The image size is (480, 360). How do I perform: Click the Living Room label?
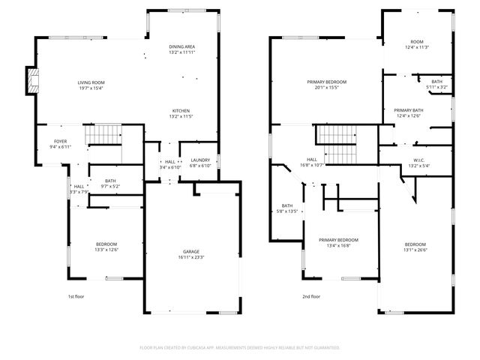tap(91, 82)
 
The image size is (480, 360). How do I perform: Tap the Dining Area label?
tap(181, 46)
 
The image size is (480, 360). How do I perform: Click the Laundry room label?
tap(200, 160)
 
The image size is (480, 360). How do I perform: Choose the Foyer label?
tap(60, 141)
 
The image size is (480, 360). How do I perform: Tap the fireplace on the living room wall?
tap(31, 81)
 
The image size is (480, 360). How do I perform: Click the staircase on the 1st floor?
tap(102, 136)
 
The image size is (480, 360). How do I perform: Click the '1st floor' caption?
tap(76, 296)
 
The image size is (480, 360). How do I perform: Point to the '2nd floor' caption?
tap(310, 296)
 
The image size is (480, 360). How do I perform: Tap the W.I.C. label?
tap(417, 159)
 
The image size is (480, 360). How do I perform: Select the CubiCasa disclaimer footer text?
tap(240, 347)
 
